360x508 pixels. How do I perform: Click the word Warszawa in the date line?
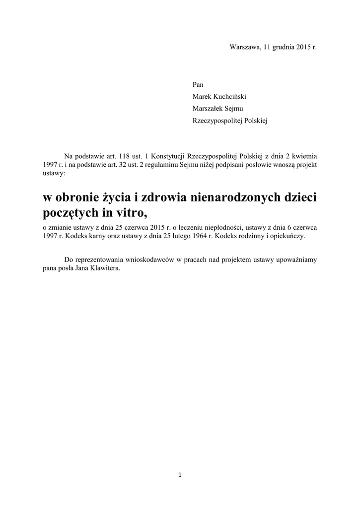(243, 47)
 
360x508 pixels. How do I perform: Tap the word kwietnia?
(303, 155)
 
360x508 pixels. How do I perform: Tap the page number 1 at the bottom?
(180, 475)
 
